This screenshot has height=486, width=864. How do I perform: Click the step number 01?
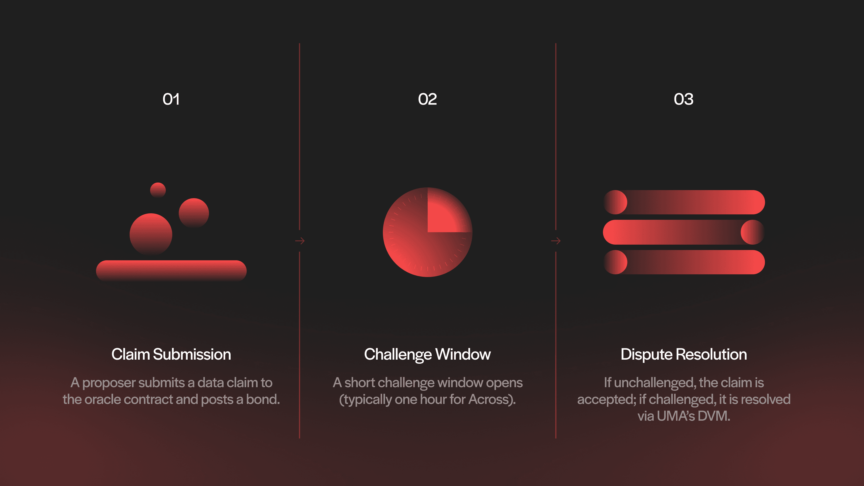(x=171, y=99)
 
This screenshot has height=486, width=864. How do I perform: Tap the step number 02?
(x=427, y=99)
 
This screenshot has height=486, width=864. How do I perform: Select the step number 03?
(x=684, y=99)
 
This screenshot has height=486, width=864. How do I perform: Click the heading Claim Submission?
(x=171, y=355)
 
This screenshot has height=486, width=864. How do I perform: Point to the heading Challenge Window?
(x=427, y=355)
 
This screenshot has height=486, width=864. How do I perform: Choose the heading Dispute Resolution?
(x=684, y=355)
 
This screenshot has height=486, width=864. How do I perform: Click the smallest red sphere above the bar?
(x=158, y=190)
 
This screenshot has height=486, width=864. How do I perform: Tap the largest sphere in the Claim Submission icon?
(x=151, y=234)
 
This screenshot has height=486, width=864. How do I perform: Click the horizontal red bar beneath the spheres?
(x=171, y=270)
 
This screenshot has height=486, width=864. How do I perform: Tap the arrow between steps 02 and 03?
(x=556, y=241)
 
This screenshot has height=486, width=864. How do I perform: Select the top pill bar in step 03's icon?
(x=691, y=202)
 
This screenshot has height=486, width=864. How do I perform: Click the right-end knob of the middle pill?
(x=752, y=232)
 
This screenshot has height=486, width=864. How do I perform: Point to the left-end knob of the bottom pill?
(x=616, y=262)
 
